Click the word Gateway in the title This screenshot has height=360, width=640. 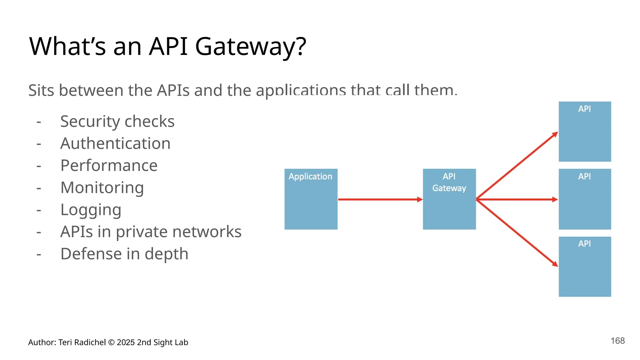coord(250,47)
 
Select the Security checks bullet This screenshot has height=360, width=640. coord(117,121)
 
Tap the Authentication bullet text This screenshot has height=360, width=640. coord(115,143)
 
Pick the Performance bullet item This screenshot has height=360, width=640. coord(109,166)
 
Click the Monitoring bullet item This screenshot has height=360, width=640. coord(102,187)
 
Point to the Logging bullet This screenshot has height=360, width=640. coord(91,210)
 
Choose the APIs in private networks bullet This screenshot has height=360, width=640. coord(151,232)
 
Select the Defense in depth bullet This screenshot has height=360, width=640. coord(124,254)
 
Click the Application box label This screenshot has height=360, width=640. coord(310,177)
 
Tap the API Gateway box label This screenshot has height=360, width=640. coord(449,182)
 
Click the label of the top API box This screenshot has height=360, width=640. coord(584,109)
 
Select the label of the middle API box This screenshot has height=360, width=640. coord(584,177)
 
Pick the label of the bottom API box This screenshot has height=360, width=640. coord(584,244)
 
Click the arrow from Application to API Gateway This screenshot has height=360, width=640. coord(380,199)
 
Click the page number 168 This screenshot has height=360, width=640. coord(617,341)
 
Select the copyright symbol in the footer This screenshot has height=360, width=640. coord(111,342)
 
